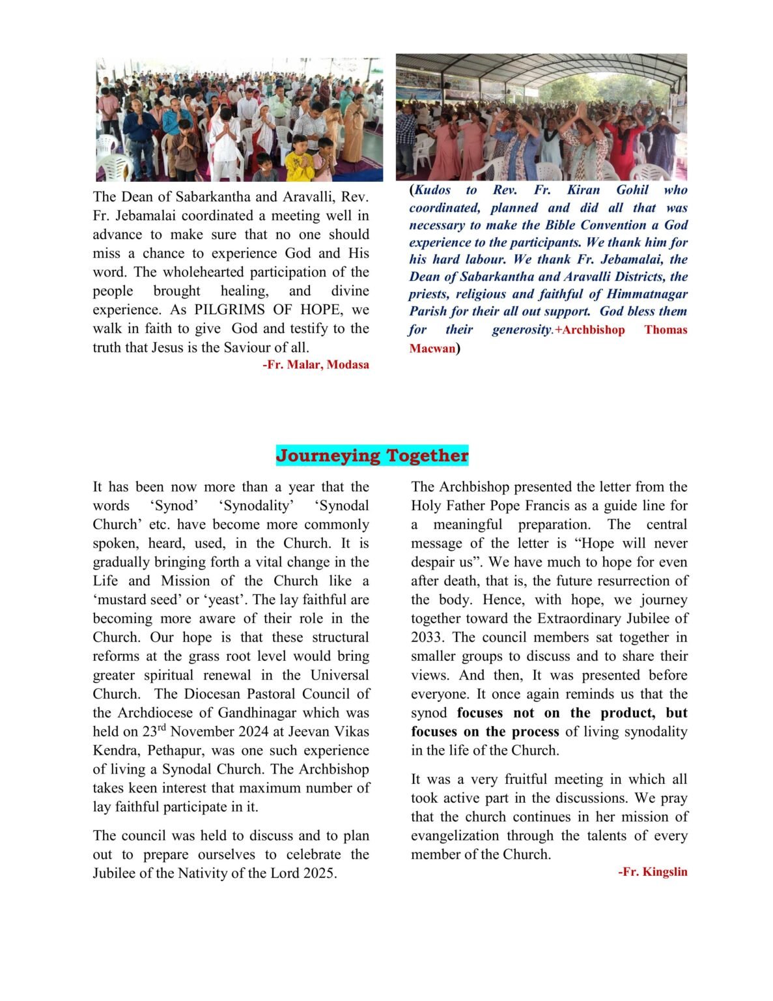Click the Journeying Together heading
tap(372, 456)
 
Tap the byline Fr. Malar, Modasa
tap(316, 365)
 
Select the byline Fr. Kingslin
tap(653, 872)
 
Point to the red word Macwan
tap(432, 349)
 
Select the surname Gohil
tap(632, 190)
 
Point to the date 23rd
tap(155, 731)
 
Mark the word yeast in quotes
tap(223, 600)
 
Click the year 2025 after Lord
tap(319, 873)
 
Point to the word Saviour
tap(249, 347)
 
